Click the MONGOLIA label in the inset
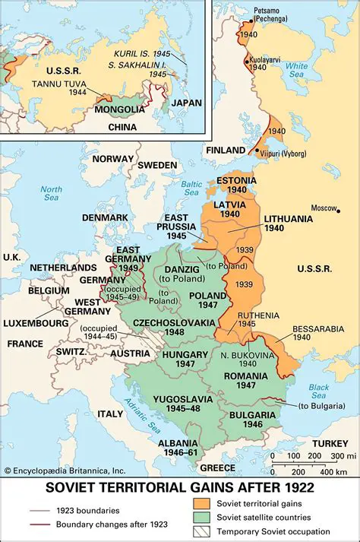coord(118,109)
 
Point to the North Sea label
coord(52,194)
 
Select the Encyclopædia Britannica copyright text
coord(63,471)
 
